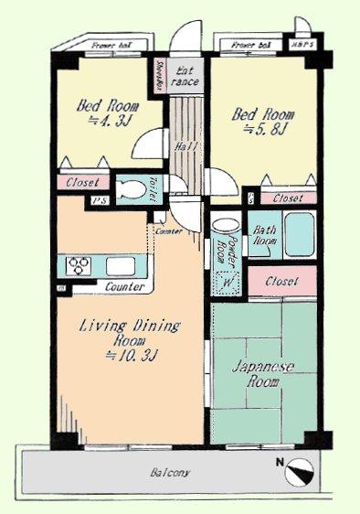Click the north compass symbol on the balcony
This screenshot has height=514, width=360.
(300, 474)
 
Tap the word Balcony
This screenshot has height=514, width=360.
(171, 473)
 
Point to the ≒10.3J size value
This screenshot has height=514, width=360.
(116, 355)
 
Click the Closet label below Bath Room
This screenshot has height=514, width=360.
(281, 281)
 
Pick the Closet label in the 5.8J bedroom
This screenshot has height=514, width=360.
(286, 198)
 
